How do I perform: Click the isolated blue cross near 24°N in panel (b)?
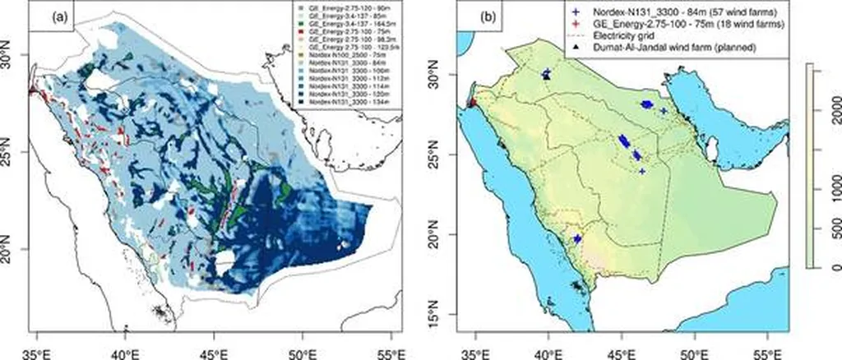point(642,171)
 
